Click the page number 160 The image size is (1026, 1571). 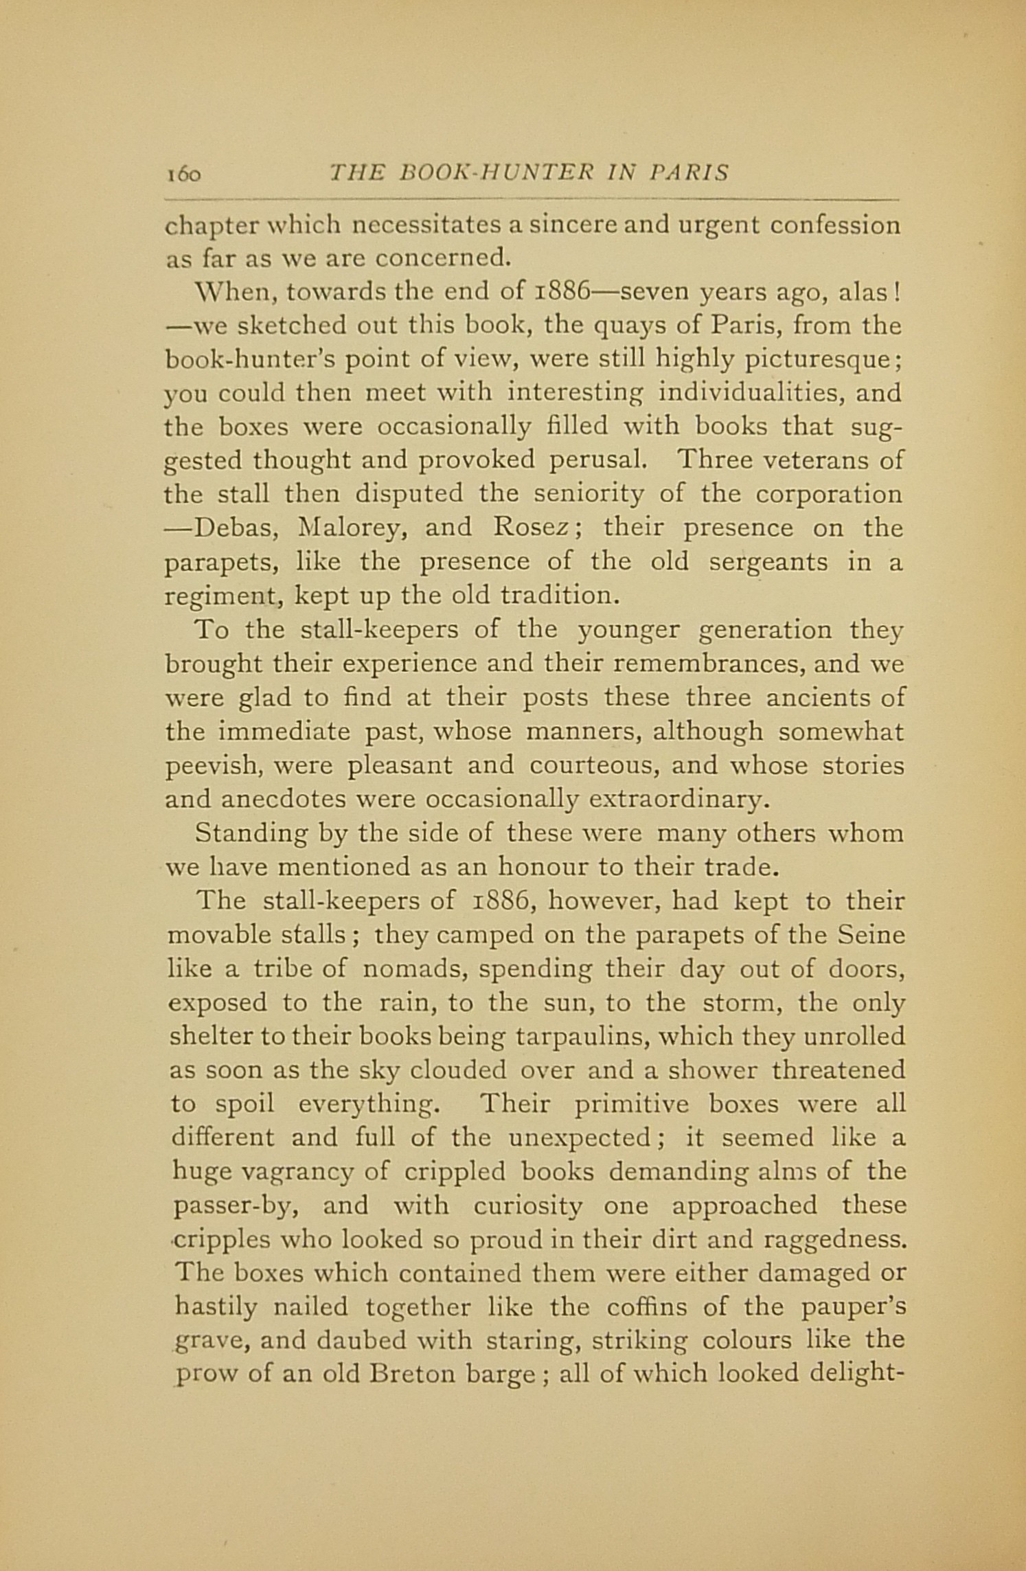183,174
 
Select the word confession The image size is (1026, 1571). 834,226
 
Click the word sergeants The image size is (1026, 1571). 768,562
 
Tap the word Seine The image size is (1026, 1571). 871,936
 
